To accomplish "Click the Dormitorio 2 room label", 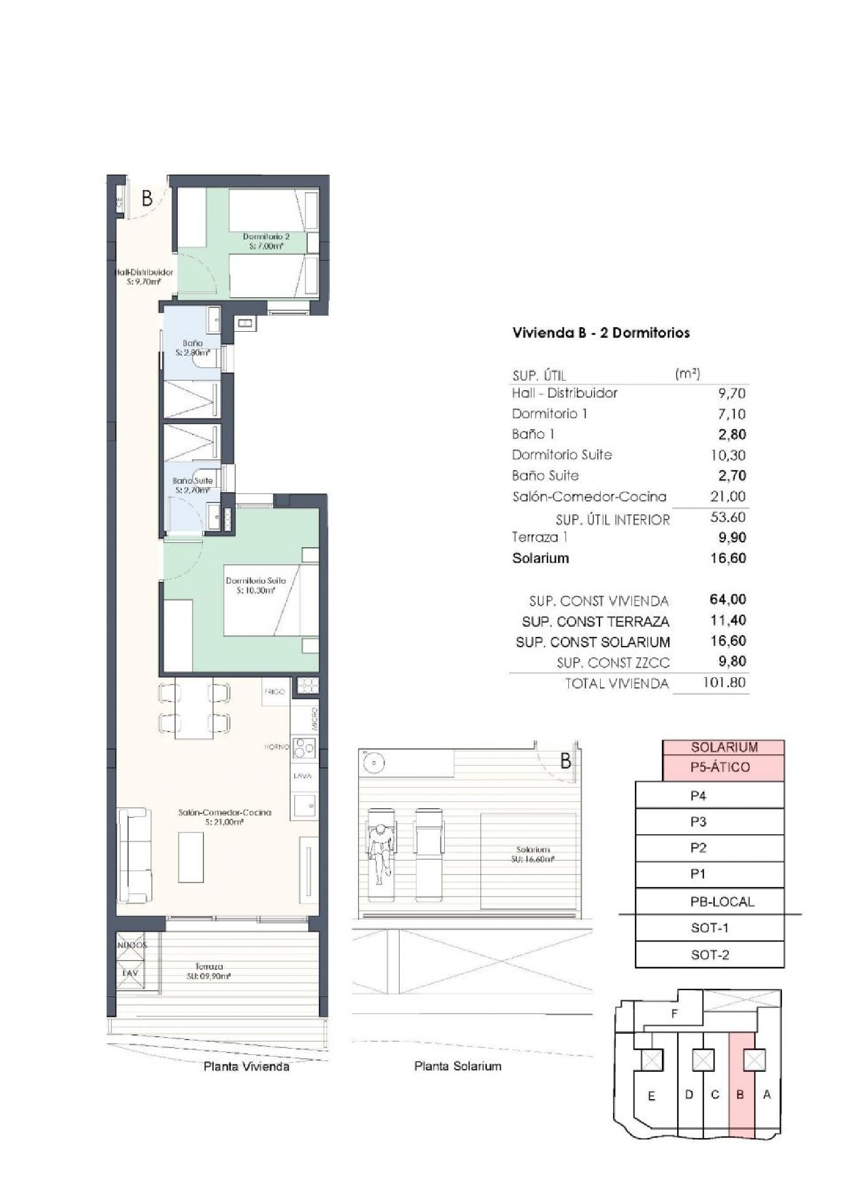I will click(x=266, y=241).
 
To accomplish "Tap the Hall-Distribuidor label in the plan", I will click(x=144, y=276).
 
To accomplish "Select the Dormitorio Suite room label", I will click(x=256, y=585).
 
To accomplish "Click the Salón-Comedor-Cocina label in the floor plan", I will click(x=224, y=817).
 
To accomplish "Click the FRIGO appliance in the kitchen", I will click(x=275, y=692).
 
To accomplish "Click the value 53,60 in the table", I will click(x=728, y=517).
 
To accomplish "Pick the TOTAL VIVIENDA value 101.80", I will click(x=724, y=682).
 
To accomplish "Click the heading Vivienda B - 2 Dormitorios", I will click(x=601, y=332).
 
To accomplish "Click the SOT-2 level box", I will click(x=709, y=954).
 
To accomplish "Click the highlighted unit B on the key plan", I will click(x=740, y=1095).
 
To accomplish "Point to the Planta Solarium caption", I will click(x=457, y=1066).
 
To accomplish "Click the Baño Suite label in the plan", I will click(x=193, y=485).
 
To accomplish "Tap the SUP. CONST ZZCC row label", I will click(x=613, y=662).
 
